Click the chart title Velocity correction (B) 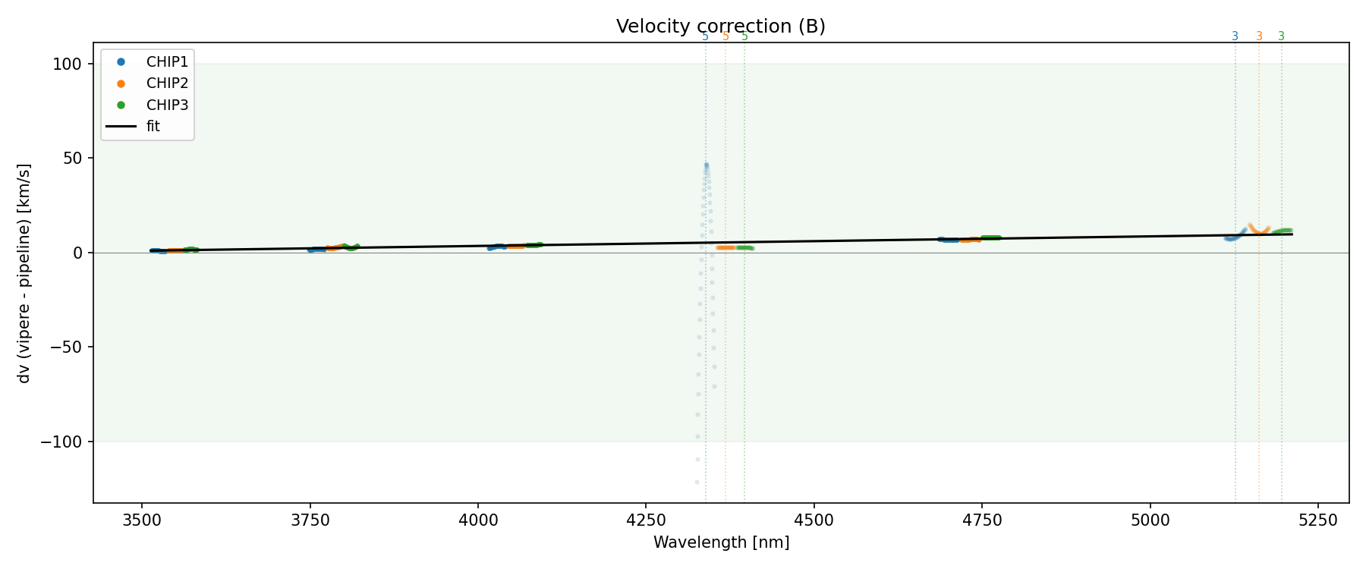click(x=720, y=27)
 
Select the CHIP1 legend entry click(x=167, y=62)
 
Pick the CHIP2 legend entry click(x=167, y=83)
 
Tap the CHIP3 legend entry click(x=167, y=105)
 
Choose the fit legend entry click(x=153, y=126)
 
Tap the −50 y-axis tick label click(x=67, y=347)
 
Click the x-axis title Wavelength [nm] click(x=721, y=542)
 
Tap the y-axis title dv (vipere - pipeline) click(x=24, y=273)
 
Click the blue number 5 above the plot click(x=705, y=36)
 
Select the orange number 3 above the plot click(x=1259, y=36)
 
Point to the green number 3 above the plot click(x=1281, y=36)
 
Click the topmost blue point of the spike click(x=706, y=165)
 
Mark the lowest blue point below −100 click(x=697, y=482)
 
